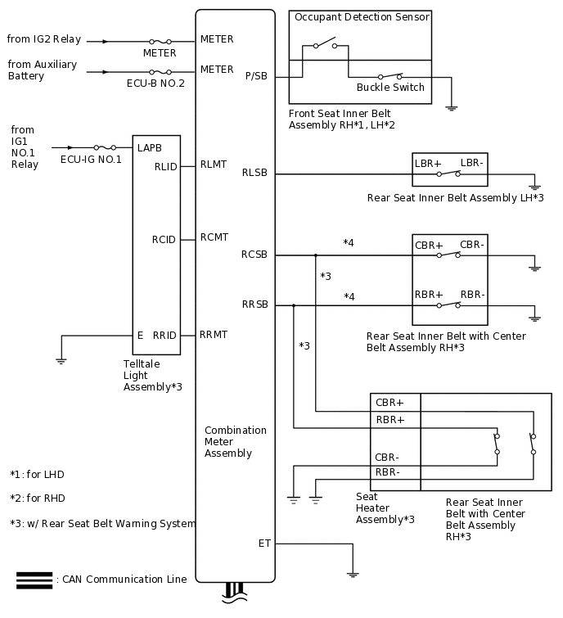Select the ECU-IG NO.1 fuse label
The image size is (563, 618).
tap(91, 160)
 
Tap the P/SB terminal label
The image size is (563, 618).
tap(256, 77)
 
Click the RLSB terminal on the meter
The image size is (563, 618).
tap(254, 174)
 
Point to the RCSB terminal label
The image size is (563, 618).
tap(254, 255)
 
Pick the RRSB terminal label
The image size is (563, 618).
tap(254, 304)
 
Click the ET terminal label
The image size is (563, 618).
tap(264, 544)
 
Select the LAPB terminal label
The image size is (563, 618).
tap(150, 148)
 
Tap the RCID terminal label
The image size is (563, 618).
tap(164, 240)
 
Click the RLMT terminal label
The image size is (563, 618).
tap(214, 165)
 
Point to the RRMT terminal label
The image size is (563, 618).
tap(214, 335)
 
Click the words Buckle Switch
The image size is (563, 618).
tap(390, 88)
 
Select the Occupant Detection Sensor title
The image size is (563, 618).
tap(361, 17)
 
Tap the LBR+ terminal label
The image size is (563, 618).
tap(428, 164)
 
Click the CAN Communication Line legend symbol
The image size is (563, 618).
tap(34, 580)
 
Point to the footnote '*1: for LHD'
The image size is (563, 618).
tap(38, 475)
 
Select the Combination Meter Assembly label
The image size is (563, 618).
tap(236, 442)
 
